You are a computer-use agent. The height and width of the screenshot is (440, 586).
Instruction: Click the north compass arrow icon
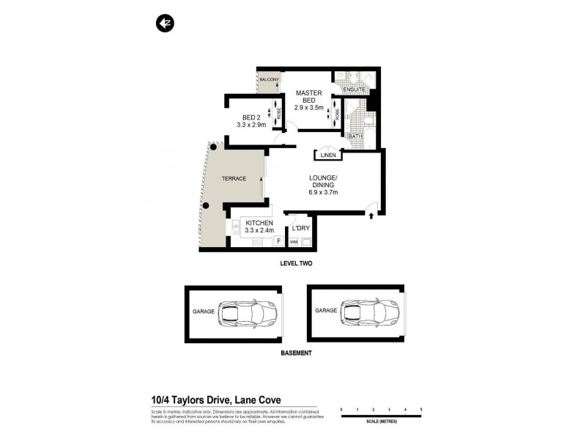pos(163,23)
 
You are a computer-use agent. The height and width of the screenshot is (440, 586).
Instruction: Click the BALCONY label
pos(269,79)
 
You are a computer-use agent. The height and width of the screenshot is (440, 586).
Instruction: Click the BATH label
pos(355,136)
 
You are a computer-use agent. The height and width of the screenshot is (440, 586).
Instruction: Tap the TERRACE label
pos(234,179)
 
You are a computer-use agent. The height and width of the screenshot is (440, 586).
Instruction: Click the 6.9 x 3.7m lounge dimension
pos(323,193)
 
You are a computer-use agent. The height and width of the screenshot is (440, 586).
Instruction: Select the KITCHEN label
pos(259,223)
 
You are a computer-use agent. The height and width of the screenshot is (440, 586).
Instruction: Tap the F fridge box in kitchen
pos(278,241)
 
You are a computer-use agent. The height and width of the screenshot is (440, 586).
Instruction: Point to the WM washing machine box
pos(294,241)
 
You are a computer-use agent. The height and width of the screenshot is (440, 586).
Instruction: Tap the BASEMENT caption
pos(296,353)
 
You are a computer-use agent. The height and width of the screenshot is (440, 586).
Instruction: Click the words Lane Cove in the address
pos(259,400)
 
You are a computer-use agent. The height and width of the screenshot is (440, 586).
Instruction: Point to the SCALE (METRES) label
pos(380,420)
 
